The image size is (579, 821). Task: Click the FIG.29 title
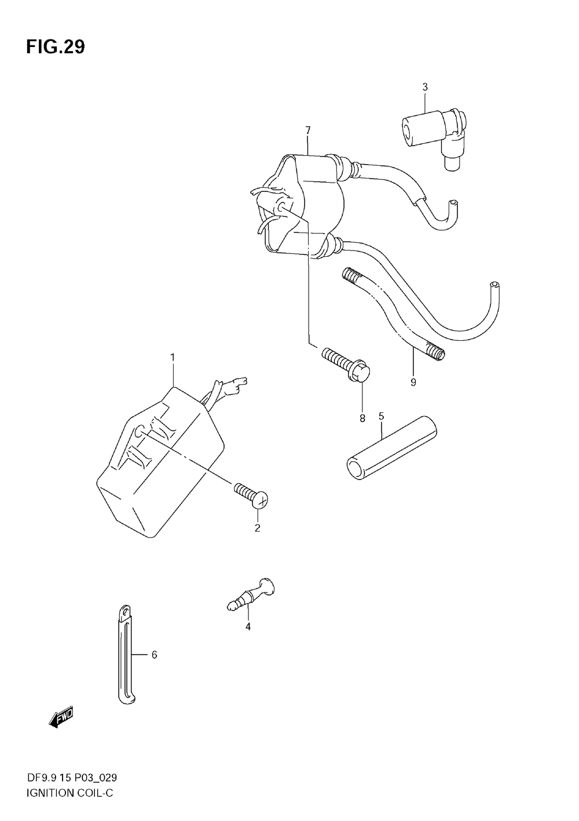55,47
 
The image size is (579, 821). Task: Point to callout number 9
413,382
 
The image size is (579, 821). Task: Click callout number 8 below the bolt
362,418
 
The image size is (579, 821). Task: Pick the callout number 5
381,416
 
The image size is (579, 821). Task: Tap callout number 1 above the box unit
173,357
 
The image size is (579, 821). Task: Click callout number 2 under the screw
258,528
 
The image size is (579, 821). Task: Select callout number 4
248,626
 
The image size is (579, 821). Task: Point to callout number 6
154,655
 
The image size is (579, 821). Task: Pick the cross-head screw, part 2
252,496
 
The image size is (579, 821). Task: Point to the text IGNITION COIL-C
69,793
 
